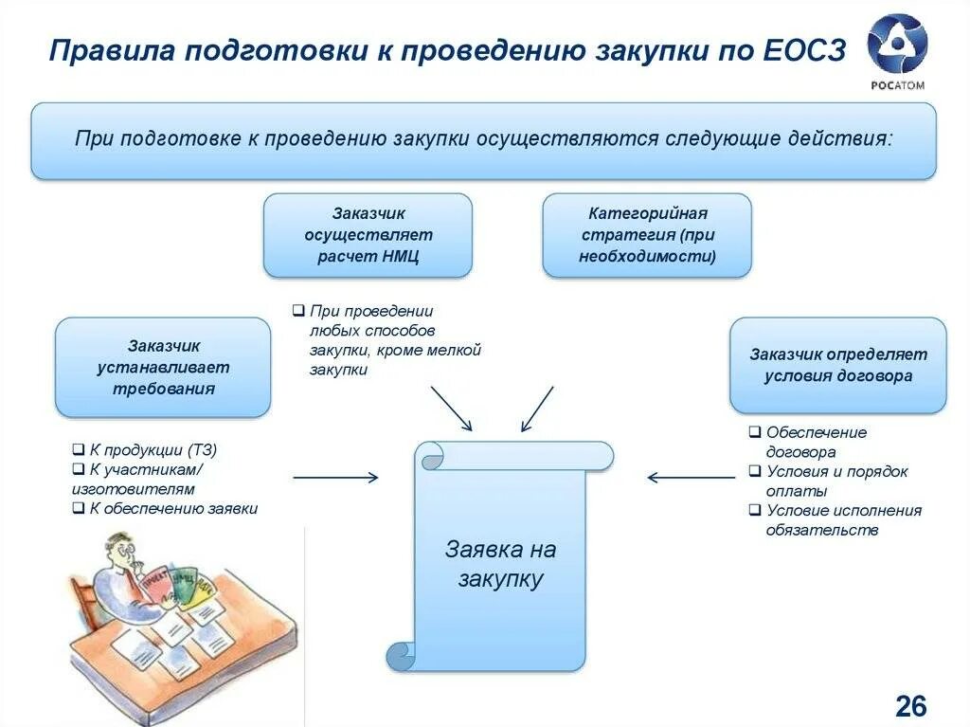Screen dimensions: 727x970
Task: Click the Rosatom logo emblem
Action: click(897, 44)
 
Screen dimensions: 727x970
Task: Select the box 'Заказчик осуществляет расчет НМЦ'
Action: click(368, 235)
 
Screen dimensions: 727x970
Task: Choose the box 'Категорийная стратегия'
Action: click(647, 235)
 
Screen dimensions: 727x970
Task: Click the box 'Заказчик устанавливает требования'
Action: click(163, 367)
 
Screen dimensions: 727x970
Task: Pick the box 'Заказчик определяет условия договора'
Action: click(837, 365)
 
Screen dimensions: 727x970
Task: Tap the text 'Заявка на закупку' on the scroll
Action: click(500, 564)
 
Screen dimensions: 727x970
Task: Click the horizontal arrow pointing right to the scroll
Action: click(335, 477)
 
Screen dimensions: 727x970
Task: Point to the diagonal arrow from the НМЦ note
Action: click(450, 408)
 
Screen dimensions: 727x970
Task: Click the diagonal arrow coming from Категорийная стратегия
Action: click(538, 408)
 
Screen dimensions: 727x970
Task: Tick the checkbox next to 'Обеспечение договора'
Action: click(754, 431)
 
